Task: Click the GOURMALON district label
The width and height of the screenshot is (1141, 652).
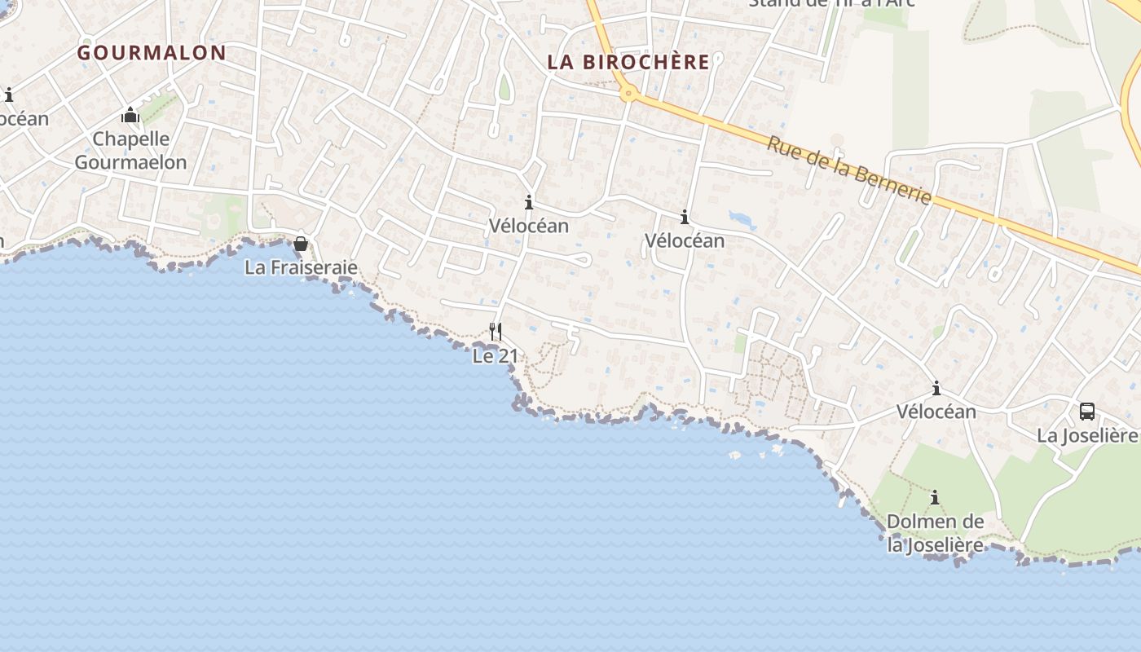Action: tap(152, 53)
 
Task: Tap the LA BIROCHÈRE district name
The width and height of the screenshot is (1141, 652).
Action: tap(628, 62)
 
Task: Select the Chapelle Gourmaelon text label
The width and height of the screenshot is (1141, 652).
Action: tap(131, 151)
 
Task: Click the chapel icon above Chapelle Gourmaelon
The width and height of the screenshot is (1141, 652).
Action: tap(130, 115)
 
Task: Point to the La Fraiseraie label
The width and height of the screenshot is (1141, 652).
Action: tap(301, 267)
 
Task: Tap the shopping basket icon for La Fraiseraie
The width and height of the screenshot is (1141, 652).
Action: tap(301, 244)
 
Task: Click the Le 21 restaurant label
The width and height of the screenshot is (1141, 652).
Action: tap(496, 356)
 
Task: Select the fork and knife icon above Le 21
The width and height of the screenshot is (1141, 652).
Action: tap(495, 331)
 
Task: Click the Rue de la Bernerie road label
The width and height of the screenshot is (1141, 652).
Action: tap(848, 170)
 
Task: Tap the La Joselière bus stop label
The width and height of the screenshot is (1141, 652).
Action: tap(1087, 435)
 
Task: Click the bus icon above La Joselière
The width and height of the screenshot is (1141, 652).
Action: tap(1087, 411)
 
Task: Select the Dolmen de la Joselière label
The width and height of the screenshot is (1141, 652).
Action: tap(935, 533)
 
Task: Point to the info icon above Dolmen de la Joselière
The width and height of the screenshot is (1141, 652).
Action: tap(935, 497)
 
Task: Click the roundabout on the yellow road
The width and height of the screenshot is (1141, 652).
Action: tap(627, 94)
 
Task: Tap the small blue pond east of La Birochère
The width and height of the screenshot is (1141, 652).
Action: tap(742, 218)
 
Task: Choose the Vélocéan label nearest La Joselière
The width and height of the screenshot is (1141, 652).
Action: tap(936, 412)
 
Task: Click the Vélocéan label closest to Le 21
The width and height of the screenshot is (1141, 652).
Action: tap(529, 226)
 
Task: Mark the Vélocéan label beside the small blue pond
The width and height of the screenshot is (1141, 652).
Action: tap(685, 240)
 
